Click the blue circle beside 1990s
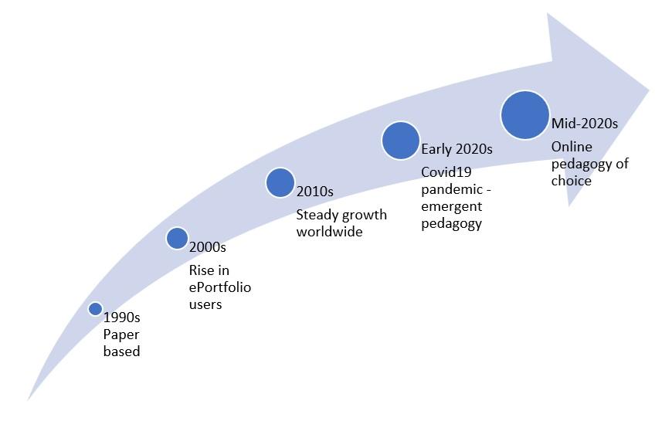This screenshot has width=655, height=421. [95, 309]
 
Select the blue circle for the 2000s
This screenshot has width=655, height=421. [177, 238]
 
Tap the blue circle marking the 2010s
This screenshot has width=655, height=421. [280, 182]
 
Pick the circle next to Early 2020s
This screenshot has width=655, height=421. [400, 141]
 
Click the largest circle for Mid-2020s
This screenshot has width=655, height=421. [524, 115]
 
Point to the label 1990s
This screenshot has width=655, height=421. [122, 317]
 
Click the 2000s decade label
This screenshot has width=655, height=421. [207, 248]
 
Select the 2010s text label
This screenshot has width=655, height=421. [314, 191]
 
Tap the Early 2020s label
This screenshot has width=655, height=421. [456, 149]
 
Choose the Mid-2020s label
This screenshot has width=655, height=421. [584, 123]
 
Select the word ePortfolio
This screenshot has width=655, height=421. [220, 287]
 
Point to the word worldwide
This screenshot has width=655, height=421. [330, 232]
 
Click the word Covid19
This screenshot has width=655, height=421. [446, 171]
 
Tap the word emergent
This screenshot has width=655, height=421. [451, 206]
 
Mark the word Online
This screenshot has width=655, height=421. [571, 147]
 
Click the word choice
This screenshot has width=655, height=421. [571, 181]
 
